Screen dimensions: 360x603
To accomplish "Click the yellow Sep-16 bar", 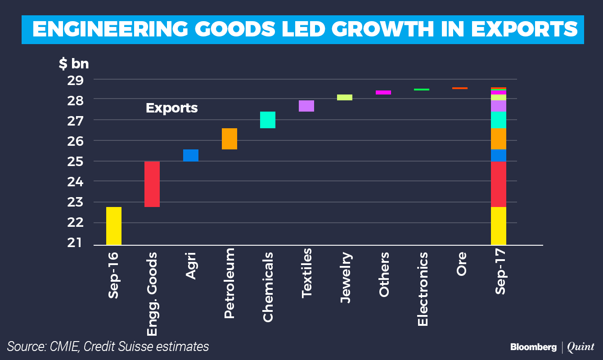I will click(114, 226).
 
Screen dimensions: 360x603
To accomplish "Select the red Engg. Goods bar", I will click(152, 184).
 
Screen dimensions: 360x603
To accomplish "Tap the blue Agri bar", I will click(190, 155).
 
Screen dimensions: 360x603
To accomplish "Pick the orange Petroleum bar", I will click(229, 139).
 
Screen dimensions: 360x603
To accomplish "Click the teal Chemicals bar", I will click(268, 120).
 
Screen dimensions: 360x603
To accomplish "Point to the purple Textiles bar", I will click(306, 106).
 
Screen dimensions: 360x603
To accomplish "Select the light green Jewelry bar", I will click(345, 97).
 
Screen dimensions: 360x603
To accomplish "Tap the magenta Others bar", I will click(383, 92).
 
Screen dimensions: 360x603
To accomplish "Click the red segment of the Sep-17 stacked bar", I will click(499, 184).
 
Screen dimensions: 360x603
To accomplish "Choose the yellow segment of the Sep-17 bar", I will click(499, 226).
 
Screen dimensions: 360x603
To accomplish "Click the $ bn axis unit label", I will click(74, 64).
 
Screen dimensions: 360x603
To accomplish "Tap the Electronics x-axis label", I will click(423, 289).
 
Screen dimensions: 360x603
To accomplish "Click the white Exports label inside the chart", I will click(171, 108).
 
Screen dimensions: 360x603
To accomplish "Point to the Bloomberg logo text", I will click(533, 347).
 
